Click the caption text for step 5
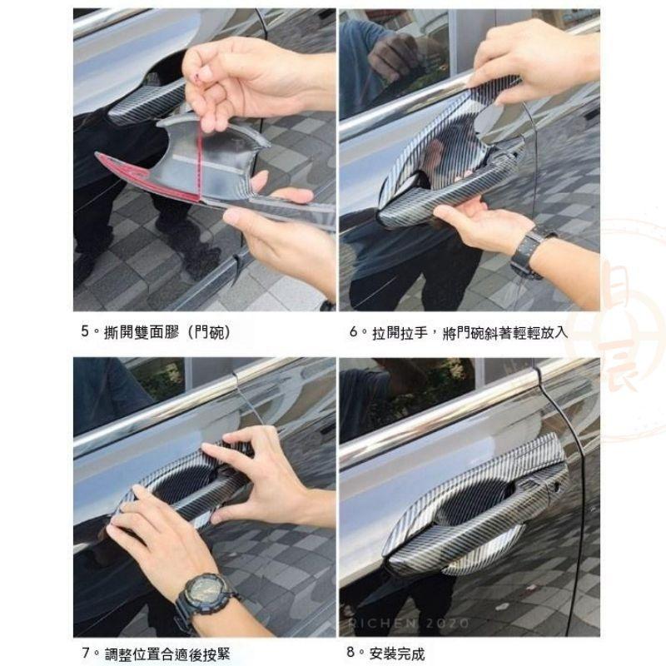[155, 332]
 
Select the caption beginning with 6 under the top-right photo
[457, 332]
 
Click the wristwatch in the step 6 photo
[528, 249]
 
